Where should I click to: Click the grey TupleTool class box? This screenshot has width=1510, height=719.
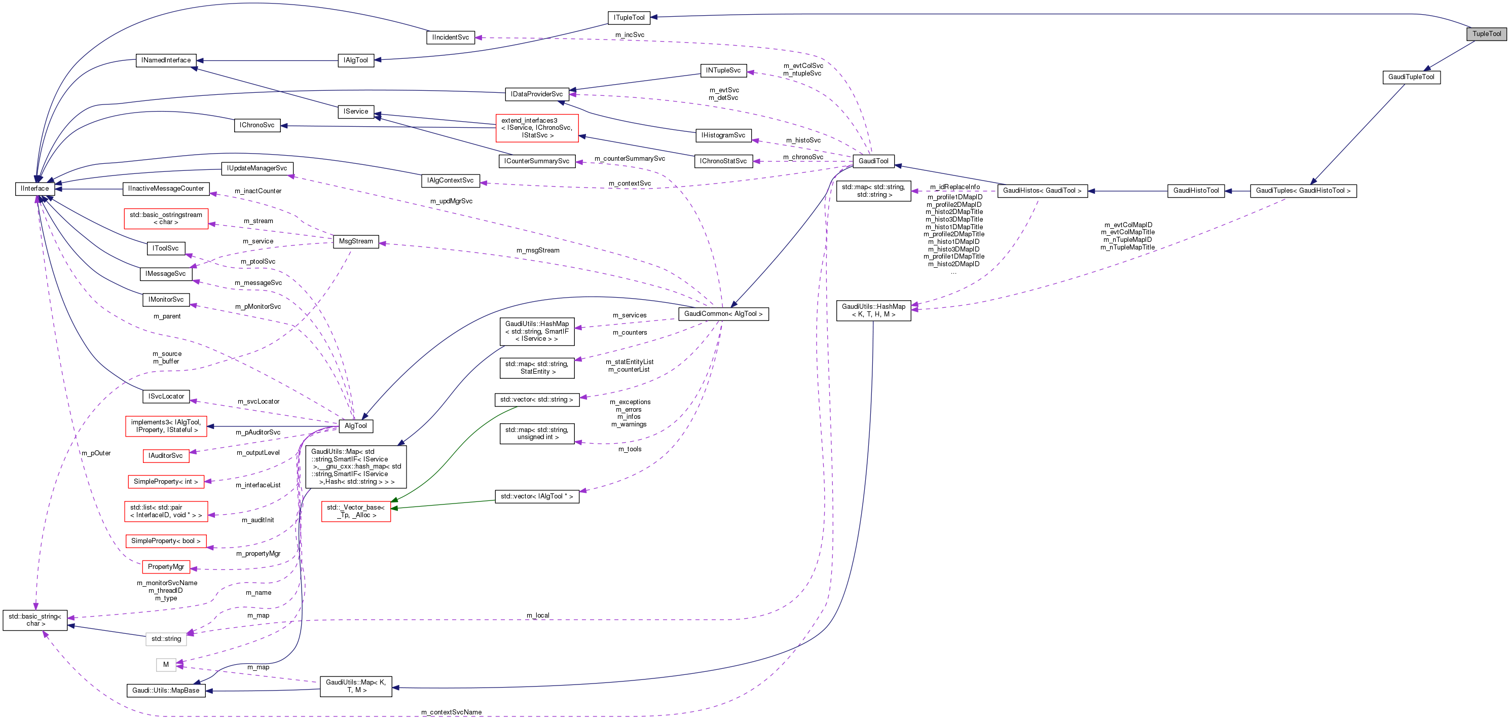[1487, 34]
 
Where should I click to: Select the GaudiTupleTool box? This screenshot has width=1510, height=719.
[1411, 77]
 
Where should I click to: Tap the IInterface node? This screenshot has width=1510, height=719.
[34, 189]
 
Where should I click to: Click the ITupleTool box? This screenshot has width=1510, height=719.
[629, 18]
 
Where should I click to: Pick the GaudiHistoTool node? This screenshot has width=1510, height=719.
[1196, 191]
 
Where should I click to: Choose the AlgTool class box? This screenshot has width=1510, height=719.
[356, 426]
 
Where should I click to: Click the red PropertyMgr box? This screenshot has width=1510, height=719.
[166, 567]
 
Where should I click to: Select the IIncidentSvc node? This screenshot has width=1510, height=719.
[450, 38]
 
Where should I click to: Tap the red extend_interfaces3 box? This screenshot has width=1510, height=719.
[537, 128]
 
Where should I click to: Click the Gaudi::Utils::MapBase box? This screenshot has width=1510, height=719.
[166, 690]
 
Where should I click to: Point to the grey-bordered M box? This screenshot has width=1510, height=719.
[166, 664]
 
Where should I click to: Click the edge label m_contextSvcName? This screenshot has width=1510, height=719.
[451, 712]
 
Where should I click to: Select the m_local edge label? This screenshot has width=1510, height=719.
[537, 615]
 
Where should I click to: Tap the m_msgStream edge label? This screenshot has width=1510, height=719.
[537, 250]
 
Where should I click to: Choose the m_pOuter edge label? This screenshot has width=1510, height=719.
[96, 453]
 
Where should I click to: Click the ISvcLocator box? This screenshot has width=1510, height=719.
[166, 397]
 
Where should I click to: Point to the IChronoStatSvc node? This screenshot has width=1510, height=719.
[723, 161]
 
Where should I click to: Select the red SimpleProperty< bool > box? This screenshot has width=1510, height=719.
[166, 541]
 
